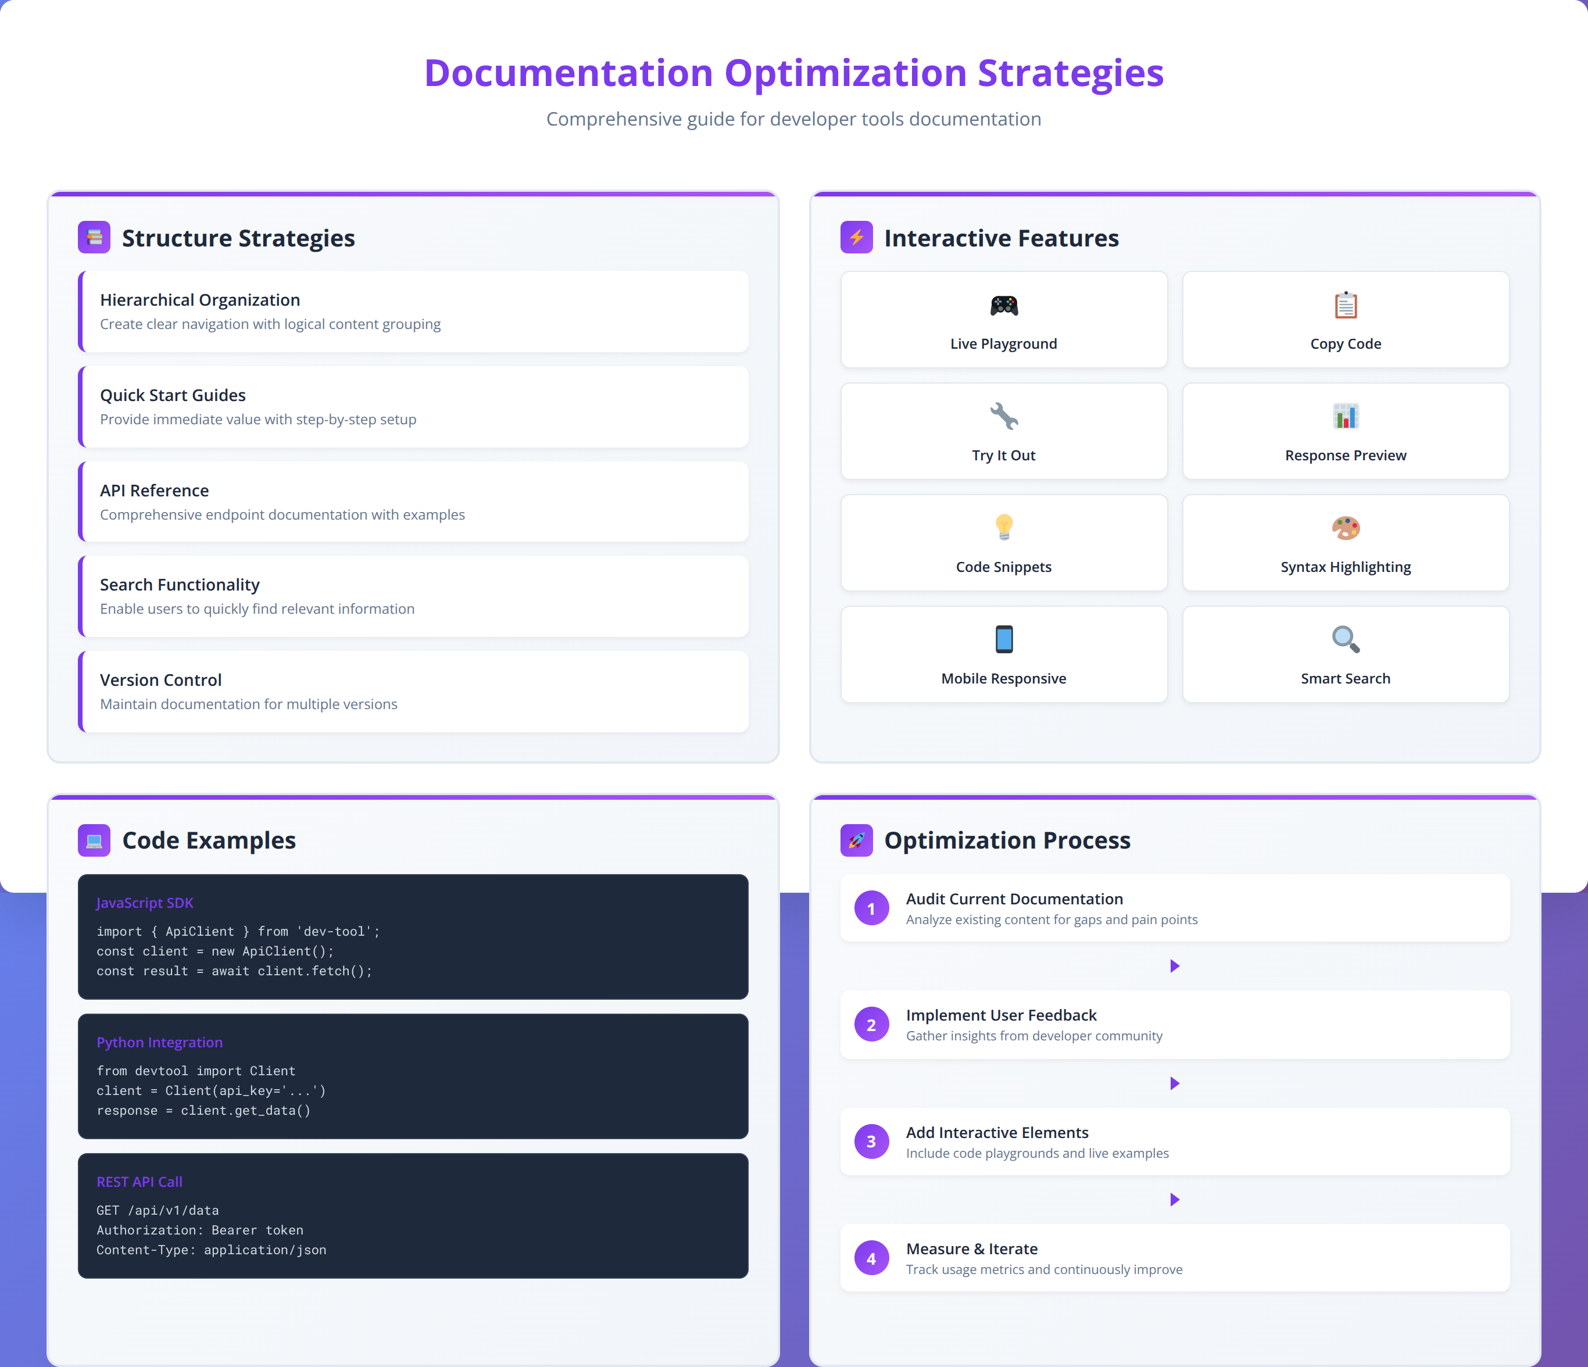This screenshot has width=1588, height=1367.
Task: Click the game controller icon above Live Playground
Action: point(1003,306)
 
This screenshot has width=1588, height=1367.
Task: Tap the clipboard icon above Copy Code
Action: point(1345,305)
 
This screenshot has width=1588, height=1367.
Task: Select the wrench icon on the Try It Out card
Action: point(1003,416)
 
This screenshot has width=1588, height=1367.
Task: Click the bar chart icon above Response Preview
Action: point(1345,416)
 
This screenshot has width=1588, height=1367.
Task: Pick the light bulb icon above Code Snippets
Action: point(1003,527)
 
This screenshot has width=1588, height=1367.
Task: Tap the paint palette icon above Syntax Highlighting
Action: point(1345,527)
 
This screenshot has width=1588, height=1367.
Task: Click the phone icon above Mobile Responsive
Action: point(1003,639)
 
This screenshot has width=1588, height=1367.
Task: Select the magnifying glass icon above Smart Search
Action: point(1345,639)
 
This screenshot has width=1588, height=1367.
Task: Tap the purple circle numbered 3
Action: point(871,1141)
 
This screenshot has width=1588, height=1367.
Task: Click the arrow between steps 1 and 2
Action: point(1175,966)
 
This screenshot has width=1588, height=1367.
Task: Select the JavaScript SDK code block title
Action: point(145,903)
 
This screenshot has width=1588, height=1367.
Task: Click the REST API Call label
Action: point(140,1182)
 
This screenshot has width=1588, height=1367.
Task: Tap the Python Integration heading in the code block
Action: point(159,1042)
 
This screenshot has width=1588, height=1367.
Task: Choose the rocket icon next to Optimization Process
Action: point(856,840)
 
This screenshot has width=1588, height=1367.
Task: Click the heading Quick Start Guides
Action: point(173,395)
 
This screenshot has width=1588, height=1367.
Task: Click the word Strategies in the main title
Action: point(1070,74)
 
